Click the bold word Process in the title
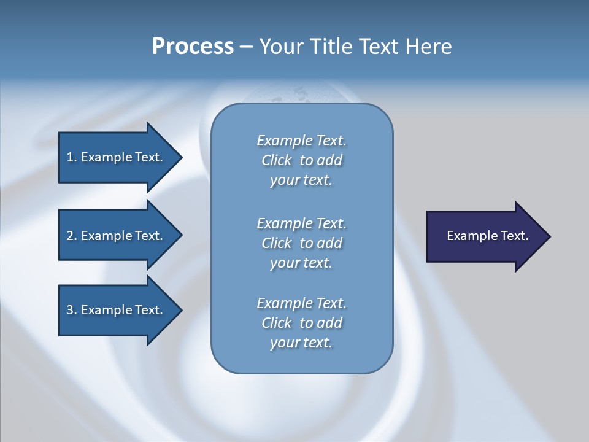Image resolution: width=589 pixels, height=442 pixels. [193, 47]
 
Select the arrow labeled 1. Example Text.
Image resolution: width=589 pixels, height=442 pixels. [117, 157]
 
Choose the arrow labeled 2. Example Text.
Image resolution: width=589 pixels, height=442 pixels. [117, 236]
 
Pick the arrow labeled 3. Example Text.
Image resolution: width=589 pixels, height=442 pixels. [117, 310]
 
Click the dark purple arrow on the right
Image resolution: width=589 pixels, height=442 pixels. [485, 236]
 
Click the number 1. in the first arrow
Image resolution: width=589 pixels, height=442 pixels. [72, 157]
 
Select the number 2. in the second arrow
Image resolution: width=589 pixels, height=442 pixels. [72, 236]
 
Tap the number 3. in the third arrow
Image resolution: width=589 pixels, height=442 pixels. [72, 310]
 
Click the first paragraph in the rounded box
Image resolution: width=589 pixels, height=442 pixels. [301, 160]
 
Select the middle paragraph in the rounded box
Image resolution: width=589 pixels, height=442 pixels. [301, 243]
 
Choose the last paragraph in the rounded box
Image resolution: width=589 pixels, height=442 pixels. [301, 323]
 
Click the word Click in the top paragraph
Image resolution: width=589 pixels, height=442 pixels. [277, 160]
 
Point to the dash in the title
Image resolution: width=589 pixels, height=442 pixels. [246, 47]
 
